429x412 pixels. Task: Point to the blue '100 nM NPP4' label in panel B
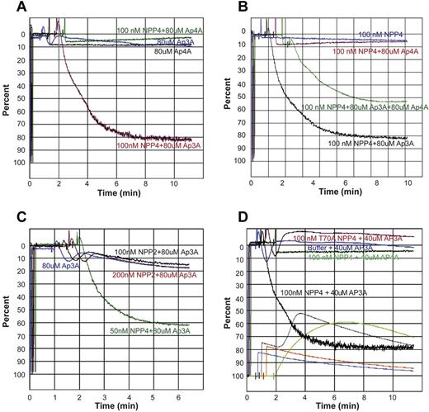pyautogui.click(x=362, y=34)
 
